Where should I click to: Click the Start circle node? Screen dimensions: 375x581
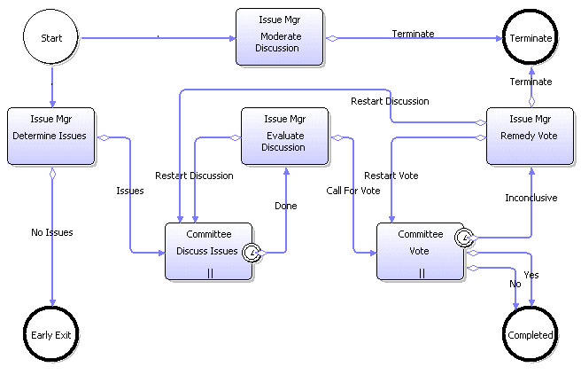tap(51, 38)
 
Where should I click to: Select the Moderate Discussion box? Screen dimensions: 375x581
tap(279, 36)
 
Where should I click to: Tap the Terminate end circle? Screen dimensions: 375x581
tap(531, 38)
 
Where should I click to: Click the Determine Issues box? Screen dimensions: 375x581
tap(51, 136)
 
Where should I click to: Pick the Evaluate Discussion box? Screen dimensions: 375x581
tap(284, 136)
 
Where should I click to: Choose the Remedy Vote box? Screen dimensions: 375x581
tap(531, 136)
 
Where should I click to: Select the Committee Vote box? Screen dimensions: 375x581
tap(421, 251)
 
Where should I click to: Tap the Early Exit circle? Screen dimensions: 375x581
tap(51, 335)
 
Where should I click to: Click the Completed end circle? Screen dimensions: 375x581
tap(531, 335)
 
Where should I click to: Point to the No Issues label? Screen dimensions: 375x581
tap(51, 232)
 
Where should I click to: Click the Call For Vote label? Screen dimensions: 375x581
tap(352, 191)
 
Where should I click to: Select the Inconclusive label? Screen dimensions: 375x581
tap(531, 198)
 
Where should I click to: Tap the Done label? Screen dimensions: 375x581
tap(285, 206)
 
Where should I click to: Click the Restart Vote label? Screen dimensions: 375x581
tap(391, 176)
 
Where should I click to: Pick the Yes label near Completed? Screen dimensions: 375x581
tap(531, 275)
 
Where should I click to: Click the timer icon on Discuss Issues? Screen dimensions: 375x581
tap(252, 253)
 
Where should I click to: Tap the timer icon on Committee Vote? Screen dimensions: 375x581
tap(462, 237)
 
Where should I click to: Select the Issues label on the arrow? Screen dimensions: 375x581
tap(130, 191)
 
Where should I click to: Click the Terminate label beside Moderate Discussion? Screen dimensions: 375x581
tap(413, 34)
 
